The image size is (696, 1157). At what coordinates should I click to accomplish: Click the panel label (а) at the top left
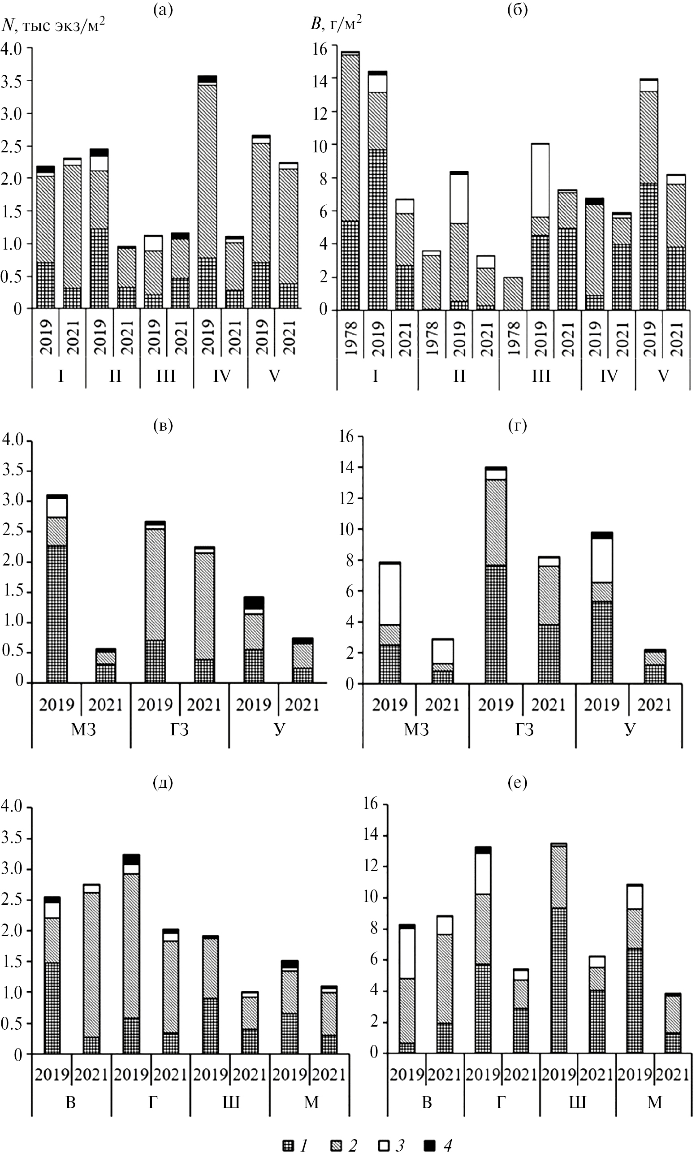[163, 10]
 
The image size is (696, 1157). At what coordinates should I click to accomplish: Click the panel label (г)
[517, 425]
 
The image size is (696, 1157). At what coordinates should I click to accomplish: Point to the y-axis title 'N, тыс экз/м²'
[53, 25]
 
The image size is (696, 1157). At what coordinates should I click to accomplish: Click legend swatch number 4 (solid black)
[430, 1145]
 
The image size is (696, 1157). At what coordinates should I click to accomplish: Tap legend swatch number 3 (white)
[384, 1145]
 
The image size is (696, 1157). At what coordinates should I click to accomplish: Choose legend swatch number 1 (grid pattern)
[288, 1145]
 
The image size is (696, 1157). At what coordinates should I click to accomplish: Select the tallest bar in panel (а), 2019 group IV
[208, 192]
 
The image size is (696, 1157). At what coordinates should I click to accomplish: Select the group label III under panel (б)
[540, 376]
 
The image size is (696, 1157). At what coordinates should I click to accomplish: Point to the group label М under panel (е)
[654, 1102]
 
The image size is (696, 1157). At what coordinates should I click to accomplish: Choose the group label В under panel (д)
[70, 1102]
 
